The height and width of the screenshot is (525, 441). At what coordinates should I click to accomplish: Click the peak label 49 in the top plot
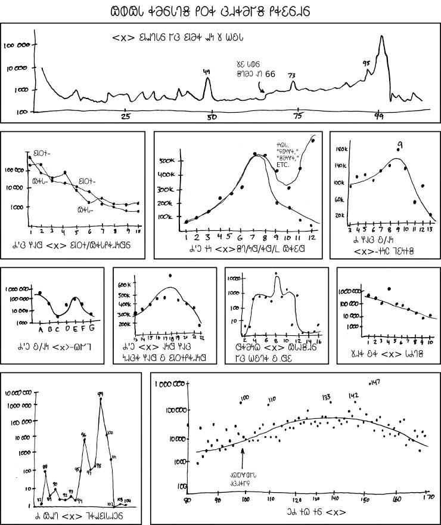coord(207,72)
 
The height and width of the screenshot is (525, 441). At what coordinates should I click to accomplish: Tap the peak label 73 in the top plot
coord(292,76)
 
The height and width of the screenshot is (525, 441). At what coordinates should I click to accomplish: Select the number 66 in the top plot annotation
coord(270,74)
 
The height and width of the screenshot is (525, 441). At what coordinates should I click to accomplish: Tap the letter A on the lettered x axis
coord(39,328)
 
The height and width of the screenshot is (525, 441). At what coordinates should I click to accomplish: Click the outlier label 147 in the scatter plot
coord(374,382)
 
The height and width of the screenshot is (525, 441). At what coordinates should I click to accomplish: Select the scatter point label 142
coord(353,395)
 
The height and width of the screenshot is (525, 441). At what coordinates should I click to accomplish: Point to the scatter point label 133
coord(326,396)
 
